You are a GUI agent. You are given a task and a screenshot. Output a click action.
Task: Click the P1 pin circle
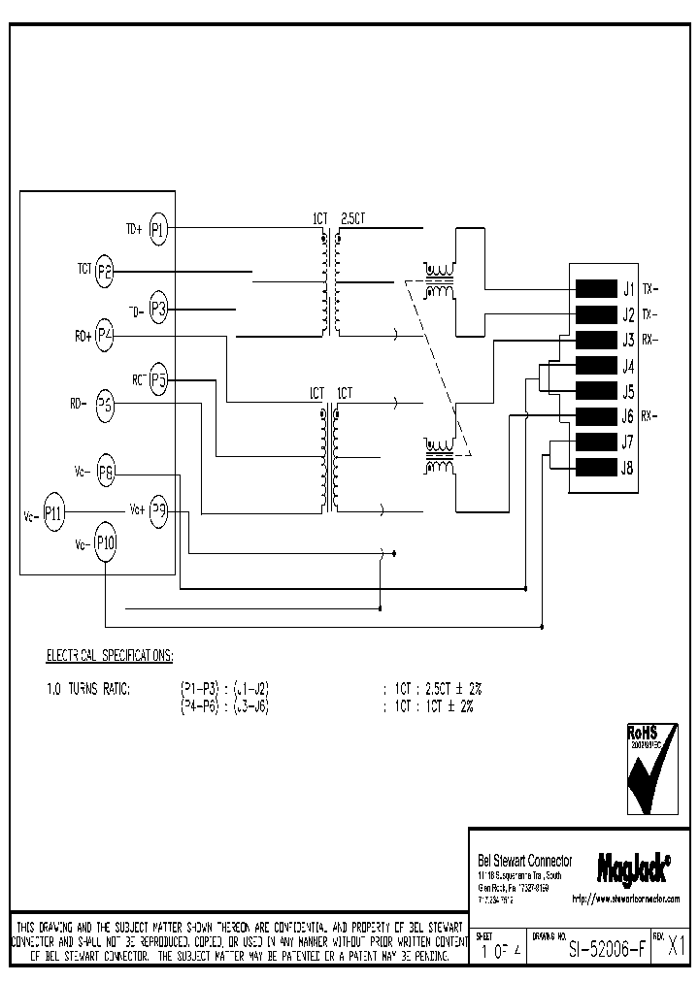159,230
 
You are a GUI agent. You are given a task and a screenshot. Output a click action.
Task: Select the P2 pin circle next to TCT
105,274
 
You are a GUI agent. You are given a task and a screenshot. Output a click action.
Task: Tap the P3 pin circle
159,311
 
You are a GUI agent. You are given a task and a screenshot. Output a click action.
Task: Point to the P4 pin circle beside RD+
105,338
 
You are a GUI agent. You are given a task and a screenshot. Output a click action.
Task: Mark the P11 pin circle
54,516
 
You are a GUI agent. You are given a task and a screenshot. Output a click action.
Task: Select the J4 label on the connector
628,367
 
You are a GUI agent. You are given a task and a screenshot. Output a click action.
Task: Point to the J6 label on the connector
628,417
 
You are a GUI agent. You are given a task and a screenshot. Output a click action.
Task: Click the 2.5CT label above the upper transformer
353,219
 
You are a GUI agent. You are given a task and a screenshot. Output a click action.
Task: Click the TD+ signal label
133,230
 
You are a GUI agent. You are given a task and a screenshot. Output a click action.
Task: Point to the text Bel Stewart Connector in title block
525,862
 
